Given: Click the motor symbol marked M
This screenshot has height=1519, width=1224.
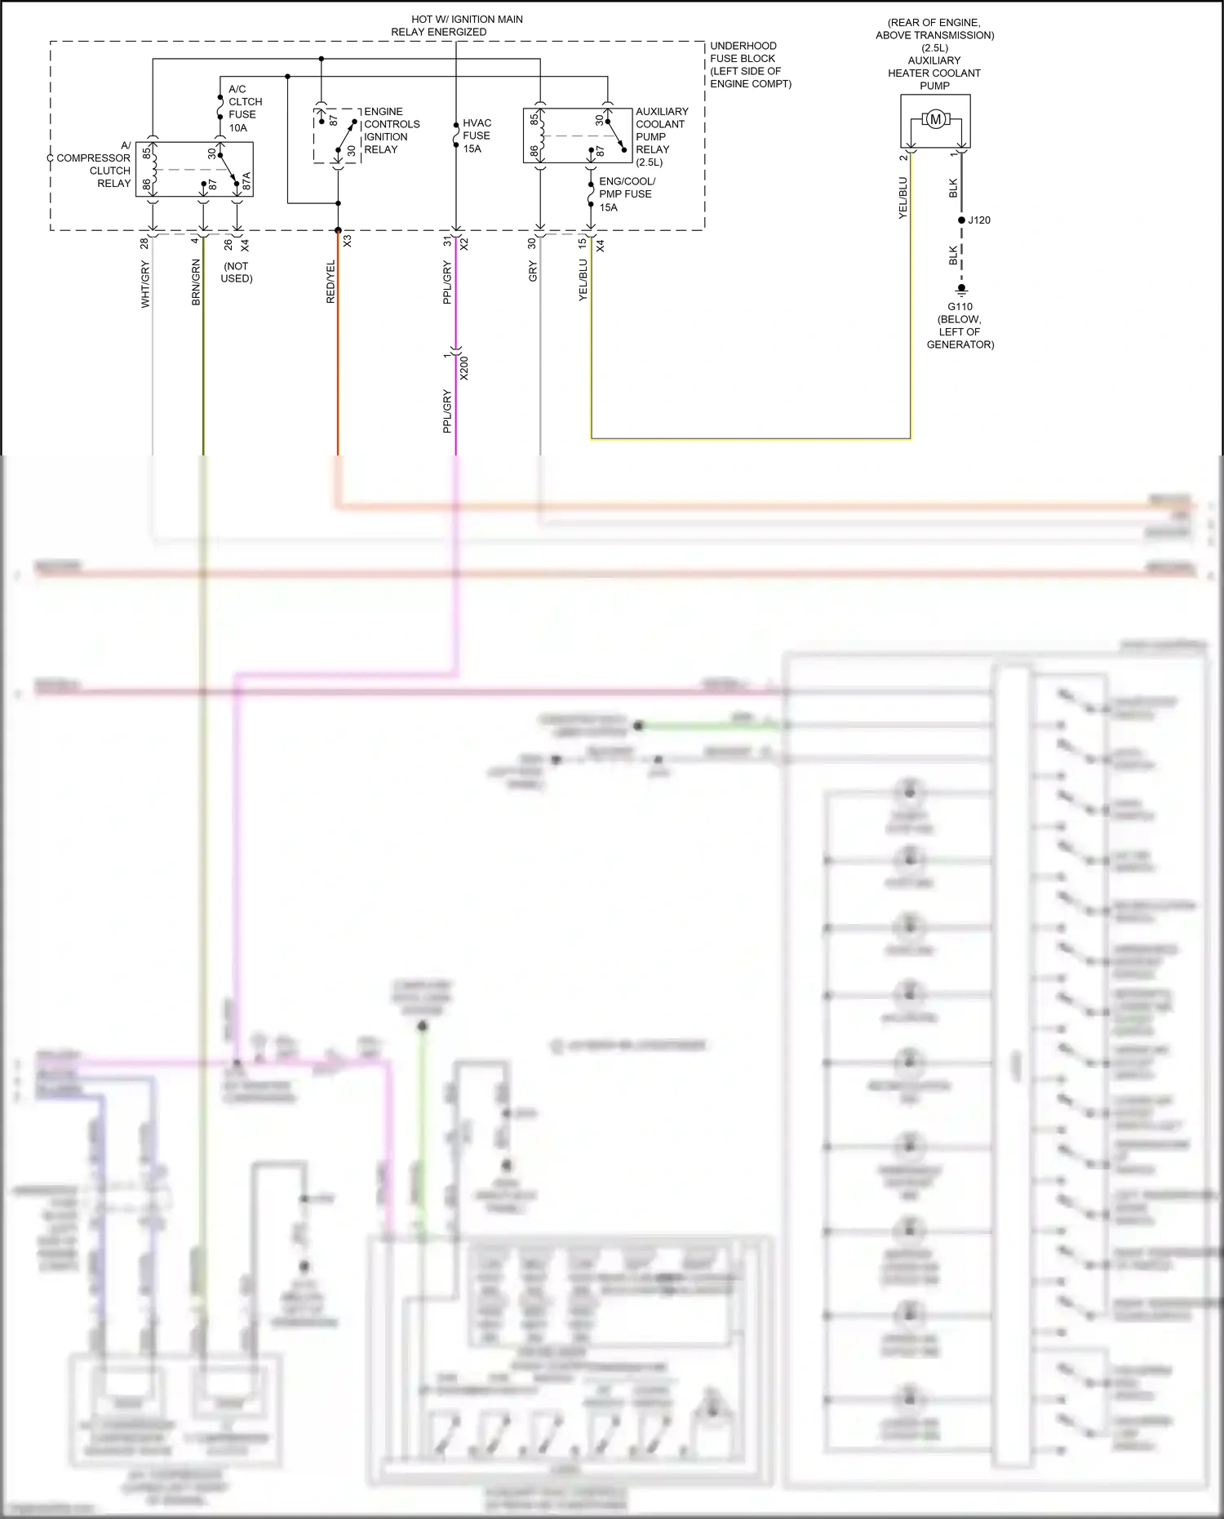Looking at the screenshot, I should click(935, 119).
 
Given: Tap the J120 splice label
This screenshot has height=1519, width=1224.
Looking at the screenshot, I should click(979, 220).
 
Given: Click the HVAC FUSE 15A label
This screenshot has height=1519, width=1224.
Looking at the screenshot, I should click(477, 135).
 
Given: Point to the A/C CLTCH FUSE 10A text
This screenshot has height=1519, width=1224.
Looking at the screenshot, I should click(244, 108).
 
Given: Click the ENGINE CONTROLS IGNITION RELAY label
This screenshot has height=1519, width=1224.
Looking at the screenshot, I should click(391, 131).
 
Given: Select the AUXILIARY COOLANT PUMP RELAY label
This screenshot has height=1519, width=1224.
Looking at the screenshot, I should click(661, 136).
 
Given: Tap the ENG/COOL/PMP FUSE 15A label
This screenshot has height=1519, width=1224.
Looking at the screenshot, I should click(626, 194).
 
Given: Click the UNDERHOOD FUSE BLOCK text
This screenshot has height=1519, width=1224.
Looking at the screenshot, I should click(749, 64).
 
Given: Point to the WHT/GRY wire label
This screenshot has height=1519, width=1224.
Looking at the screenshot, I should click(145, 284).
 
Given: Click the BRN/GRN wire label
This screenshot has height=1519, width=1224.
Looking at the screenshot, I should click(196, 282).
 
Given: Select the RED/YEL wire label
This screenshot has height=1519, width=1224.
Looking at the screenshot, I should click(330, 282).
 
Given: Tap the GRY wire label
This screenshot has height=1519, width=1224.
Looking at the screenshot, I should click(533, 272).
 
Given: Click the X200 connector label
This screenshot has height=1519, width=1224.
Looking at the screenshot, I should click(464, 367).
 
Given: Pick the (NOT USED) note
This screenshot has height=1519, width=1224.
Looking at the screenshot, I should click(237, 272).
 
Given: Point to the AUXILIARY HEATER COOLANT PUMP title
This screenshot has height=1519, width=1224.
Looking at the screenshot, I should click(934, 73).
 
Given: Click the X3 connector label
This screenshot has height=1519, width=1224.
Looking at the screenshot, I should click(348, 242).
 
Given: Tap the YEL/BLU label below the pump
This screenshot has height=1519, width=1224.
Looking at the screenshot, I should click(902, 198).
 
